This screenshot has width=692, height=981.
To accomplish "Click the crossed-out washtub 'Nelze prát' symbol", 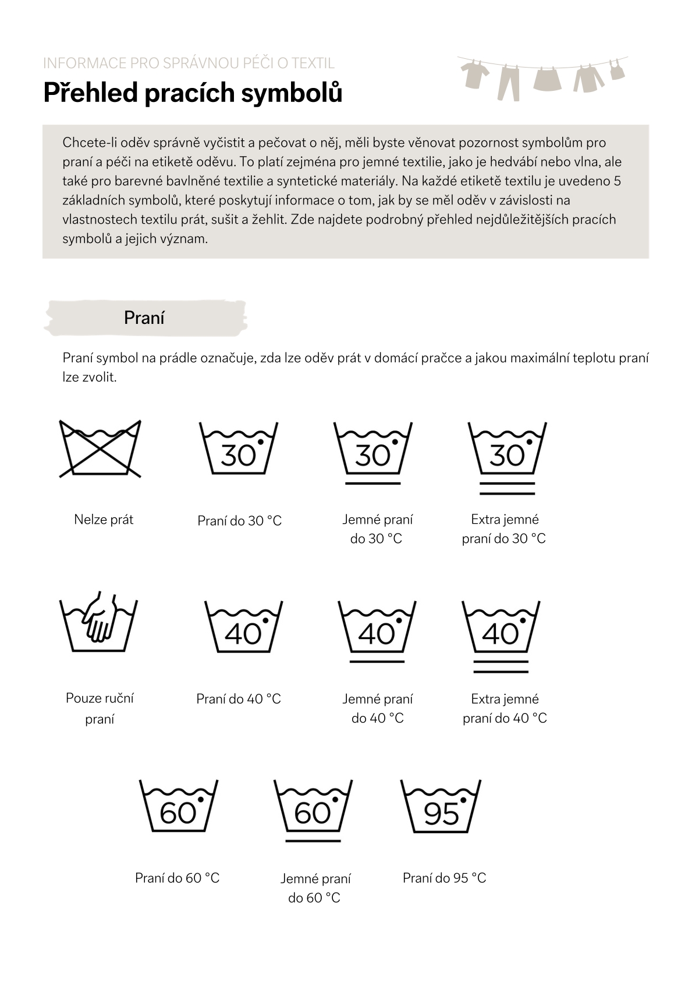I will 101,449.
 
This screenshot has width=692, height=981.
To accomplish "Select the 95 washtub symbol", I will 441,806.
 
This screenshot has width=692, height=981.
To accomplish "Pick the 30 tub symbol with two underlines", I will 507,458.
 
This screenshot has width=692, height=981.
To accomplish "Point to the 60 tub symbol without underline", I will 179,806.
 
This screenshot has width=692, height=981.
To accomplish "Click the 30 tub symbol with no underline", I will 239,449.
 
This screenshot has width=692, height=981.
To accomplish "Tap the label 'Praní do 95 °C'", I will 444,878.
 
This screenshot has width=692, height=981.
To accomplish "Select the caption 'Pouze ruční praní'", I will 100,708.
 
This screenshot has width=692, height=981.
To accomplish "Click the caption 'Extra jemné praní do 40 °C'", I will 505,708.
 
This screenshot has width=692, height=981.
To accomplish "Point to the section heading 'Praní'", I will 144,318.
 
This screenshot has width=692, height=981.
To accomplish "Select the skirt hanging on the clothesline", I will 547,79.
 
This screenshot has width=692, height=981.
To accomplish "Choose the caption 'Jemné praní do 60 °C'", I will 315,888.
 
